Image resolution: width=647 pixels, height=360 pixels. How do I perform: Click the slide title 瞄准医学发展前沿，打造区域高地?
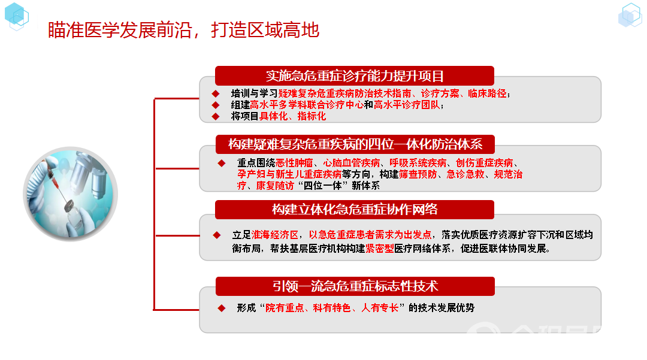point(184,30)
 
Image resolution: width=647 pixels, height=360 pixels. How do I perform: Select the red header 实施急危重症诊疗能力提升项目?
point(355,76)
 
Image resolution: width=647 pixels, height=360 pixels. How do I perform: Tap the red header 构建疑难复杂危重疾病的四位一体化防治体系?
point(355,144)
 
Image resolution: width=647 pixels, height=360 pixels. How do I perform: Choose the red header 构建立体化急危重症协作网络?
point(355,210)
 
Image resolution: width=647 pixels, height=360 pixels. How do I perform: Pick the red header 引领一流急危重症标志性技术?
point(355,286)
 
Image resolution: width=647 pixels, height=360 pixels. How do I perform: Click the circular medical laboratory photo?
point(70,194)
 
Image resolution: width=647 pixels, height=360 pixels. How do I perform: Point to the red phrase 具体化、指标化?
point(292,116)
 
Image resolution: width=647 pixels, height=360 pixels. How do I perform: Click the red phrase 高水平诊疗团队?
point(407,105)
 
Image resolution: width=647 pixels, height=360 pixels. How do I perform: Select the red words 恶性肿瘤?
point(294,163)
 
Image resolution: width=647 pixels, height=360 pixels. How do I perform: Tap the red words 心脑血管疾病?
point(352,163)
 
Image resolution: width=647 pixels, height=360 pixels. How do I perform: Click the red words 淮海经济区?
point(275,235)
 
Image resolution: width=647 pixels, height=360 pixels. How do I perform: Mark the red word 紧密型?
point(380,248)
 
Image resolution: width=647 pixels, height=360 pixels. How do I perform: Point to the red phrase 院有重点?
point(285,308)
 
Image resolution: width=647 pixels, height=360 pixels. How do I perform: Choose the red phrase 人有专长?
point(380,308)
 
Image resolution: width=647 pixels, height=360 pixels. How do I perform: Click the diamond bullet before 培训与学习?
point(216,93)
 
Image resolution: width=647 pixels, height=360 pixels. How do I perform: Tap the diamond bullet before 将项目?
point(216,117)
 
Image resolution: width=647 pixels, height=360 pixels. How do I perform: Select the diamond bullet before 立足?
point(217,235)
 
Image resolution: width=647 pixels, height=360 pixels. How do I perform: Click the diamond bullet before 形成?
point(222,308)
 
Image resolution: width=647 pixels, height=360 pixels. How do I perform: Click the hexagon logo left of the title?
point(17,17)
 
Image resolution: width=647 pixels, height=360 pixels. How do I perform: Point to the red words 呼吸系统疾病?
point(418,163)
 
